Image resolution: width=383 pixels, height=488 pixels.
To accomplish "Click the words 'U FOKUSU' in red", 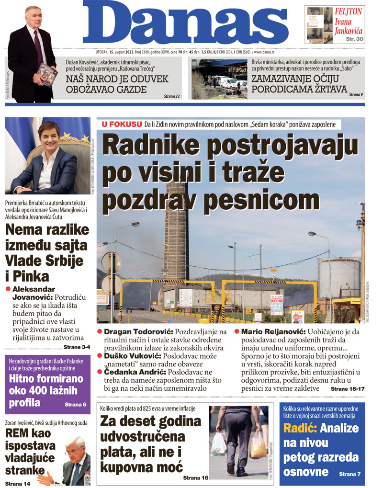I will tap(122, 125).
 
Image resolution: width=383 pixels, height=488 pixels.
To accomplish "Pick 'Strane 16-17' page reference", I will tap(348, 389).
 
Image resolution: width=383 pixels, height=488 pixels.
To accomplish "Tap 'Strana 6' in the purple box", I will tap(75, 405).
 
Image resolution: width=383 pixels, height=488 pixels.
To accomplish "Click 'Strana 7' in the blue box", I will tap(350, 474).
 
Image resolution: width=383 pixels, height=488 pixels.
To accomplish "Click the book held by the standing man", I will tap(47, 72).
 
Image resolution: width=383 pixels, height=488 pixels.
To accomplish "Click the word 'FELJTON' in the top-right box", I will tap(349, 11).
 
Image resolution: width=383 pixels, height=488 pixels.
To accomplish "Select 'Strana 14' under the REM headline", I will tap(18, 483).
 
